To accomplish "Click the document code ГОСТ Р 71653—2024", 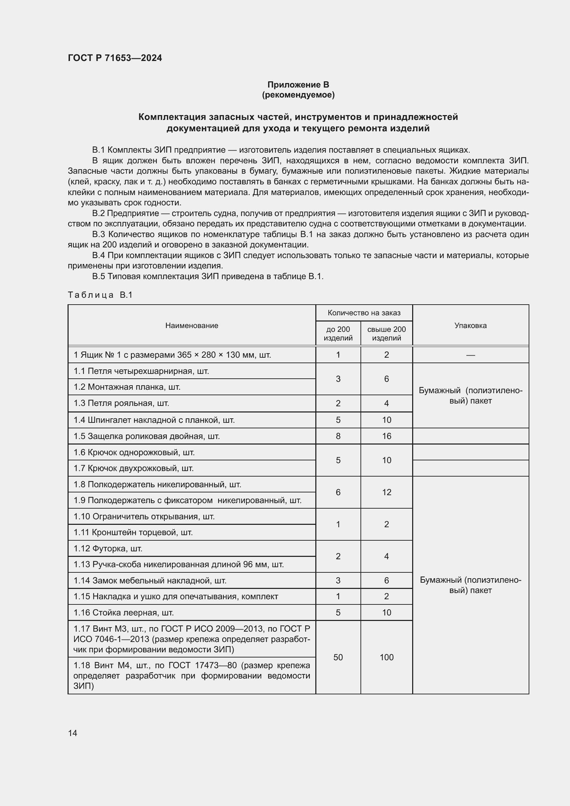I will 115,58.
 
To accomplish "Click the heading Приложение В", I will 298,85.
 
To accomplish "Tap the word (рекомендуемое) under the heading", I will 298,95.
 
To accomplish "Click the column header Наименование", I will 192,325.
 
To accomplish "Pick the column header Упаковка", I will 470,325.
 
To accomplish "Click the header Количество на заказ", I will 364,313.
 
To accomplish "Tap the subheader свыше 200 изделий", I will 386,334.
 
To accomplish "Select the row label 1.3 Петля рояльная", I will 121,403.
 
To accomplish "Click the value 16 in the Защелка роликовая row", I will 386,436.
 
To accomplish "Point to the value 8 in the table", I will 338,436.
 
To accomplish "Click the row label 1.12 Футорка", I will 108,548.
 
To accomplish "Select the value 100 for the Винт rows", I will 386,657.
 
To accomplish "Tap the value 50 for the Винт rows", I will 338,657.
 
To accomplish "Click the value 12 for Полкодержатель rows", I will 386,492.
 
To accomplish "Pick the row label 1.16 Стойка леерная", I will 124,613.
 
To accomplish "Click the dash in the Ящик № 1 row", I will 470,355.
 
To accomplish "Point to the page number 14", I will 73,733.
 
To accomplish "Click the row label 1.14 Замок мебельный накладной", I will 150,581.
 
